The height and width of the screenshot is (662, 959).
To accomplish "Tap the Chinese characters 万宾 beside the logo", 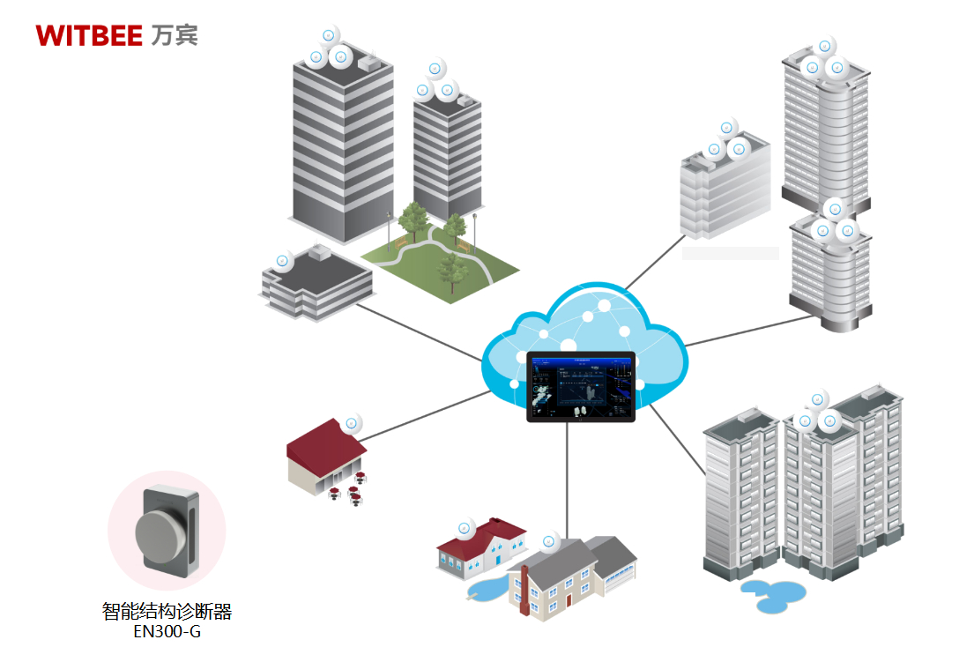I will pyautogui.click(x=175, y=34).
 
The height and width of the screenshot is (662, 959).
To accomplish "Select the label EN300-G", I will pyautogui.click(x=167, y=631).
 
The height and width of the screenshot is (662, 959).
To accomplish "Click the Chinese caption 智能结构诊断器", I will pyautogui.click(x=167, y=611).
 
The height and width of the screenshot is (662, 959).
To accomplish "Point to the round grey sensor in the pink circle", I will pyautogui.click(x=160, y=532).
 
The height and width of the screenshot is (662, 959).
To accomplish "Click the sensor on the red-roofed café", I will pyautogui.click(x=352, y=423).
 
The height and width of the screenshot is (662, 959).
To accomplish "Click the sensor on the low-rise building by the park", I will pyautogui.click(x=284, y=261).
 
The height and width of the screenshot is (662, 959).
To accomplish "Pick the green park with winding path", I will pyautogui.click(x=441, y=260).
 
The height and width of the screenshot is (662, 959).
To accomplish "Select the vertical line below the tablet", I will pyautogui.click(x=568, y=476).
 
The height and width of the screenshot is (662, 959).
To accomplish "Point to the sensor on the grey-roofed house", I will pyautogui.click(x=551, y=541).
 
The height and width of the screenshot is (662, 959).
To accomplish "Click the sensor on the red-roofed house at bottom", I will pyautogui.click(x=466, y=528).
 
